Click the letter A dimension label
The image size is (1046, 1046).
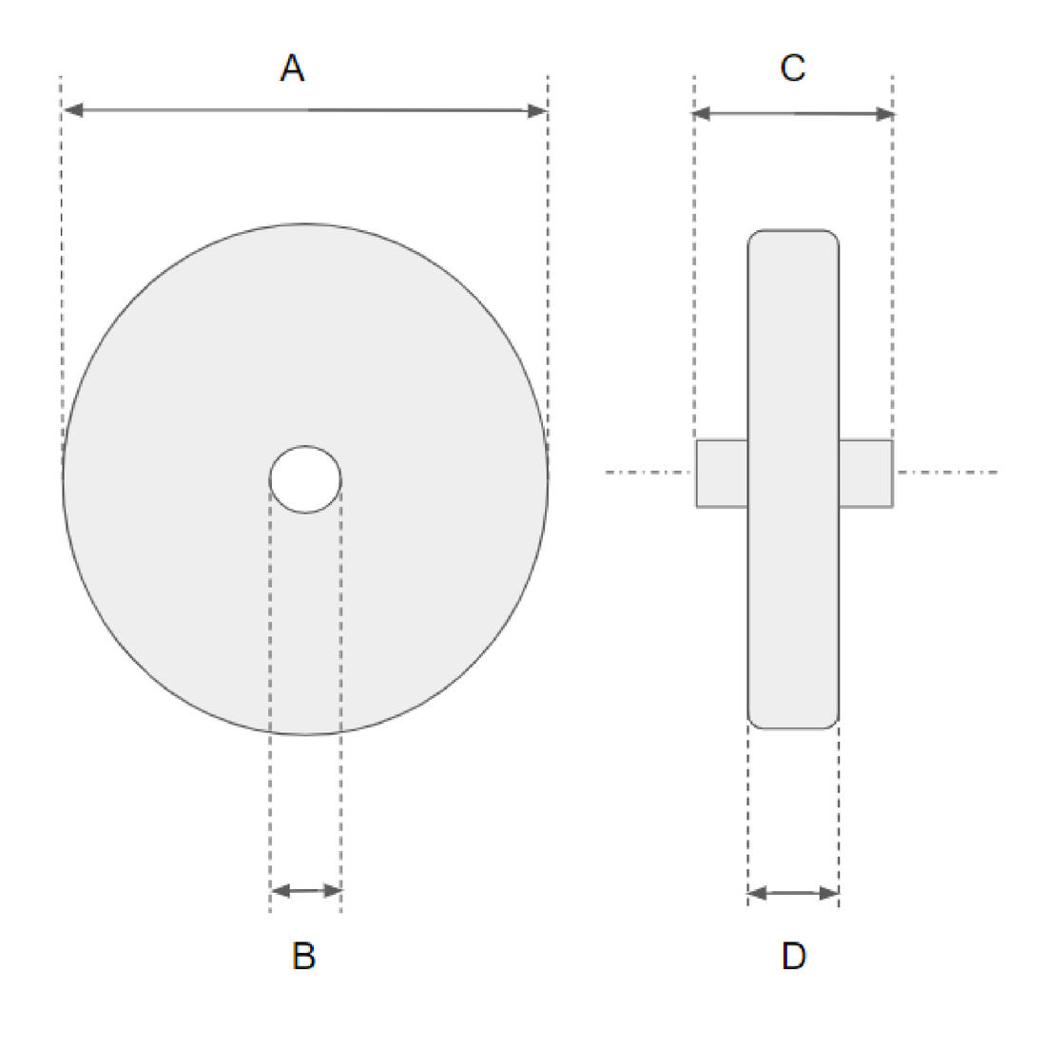click(x=292, y=68)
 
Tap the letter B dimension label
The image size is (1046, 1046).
click(x=303, y=956)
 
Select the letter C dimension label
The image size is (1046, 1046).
click(x=792, y=68)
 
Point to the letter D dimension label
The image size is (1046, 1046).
click(x=794, y=956)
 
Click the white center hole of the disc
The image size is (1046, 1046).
click(x=305, y=479)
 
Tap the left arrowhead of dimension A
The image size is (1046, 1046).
click(x=72, y=110)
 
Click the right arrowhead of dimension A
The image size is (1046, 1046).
click(x=537, y=110)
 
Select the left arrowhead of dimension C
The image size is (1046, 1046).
click(x=703, y=114)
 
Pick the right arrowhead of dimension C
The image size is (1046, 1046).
click(x=884, y=114)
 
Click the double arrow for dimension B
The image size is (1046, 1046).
click(x=306, y=891)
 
